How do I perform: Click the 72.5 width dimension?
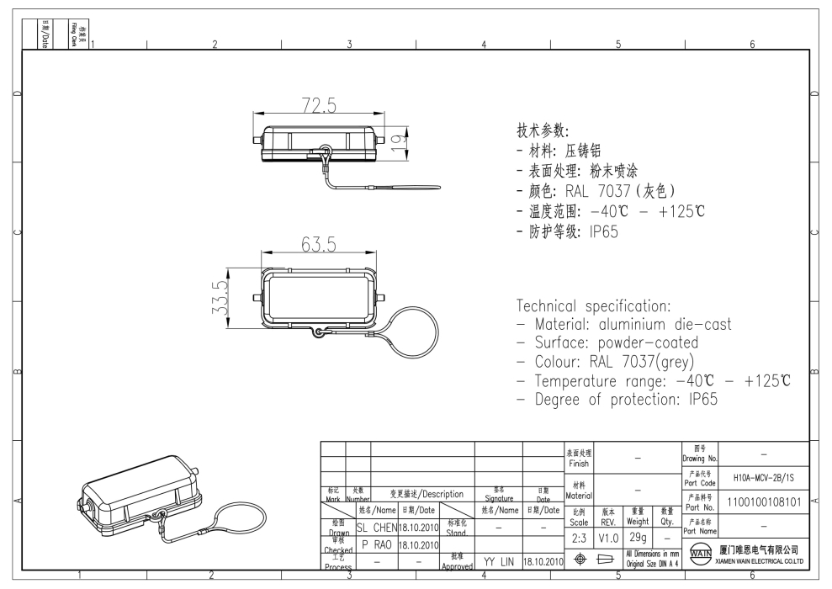(x=318, y=106)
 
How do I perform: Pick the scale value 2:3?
(x=579, y=536)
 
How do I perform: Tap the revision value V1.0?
(x=607, y=536)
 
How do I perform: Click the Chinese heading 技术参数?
(x=543, y=132)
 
